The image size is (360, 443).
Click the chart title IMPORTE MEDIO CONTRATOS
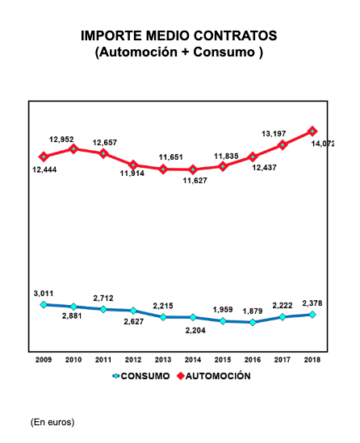click(179, 36)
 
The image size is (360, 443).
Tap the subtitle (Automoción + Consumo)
click(179, 52)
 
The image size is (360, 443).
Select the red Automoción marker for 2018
click(313, 131)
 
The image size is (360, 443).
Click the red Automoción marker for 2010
click(73, 148)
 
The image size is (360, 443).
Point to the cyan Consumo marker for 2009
click(44, 304)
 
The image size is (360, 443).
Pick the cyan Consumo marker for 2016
click(253, 322)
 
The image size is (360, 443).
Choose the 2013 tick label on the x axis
click(163, 359)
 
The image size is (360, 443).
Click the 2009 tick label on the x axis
click(44, 359)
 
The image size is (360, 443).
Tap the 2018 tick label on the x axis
click(313, 359)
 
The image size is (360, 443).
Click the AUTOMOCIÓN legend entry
click(212, 376)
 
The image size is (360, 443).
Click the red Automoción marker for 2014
click(193, 169)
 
